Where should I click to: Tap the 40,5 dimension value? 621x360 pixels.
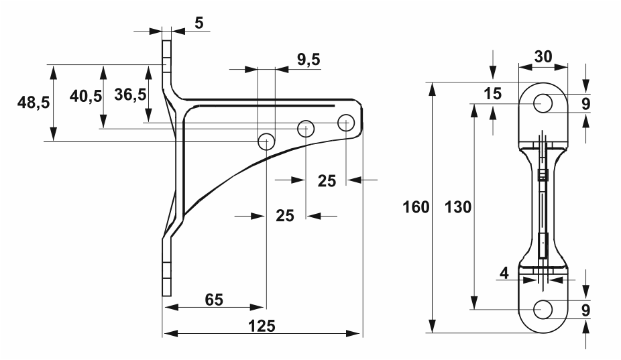pyautogui.click(x=86, y=96)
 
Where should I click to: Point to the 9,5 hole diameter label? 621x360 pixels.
pyautogui.click(x=308, y=60)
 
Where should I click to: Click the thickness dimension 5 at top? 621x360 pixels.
pyautogui.click(x=199, y=22)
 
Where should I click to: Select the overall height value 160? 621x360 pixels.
pyautogui.click(x=416, y=207)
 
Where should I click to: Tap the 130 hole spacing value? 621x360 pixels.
pyautogui.click(x=458, y=207)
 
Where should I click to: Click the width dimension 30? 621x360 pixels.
pyautogui.click(x=543, y=57)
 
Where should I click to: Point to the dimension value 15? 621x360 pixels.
pyautogui.click(x=493, y=94)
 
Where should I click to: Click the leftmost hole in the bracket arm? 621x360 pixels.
pyautogui.click(x=266, y=141)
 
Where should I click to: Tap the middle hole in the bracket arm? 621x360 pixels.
pyautogui.click(x=306, y=127)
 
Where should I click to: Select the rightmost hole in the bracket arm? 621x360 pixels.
pyautogui.click(x=346, y=123)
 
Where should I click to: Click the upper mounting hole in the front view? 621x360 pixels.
pyautogui.click(x=543, y=103)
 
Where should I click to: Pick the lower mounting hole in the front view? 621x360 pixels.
pyautogui.click(x=543, y=309)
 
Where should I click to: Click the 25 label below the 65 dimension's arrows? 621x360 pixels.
pyautogui.click(x=286, y=216)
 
